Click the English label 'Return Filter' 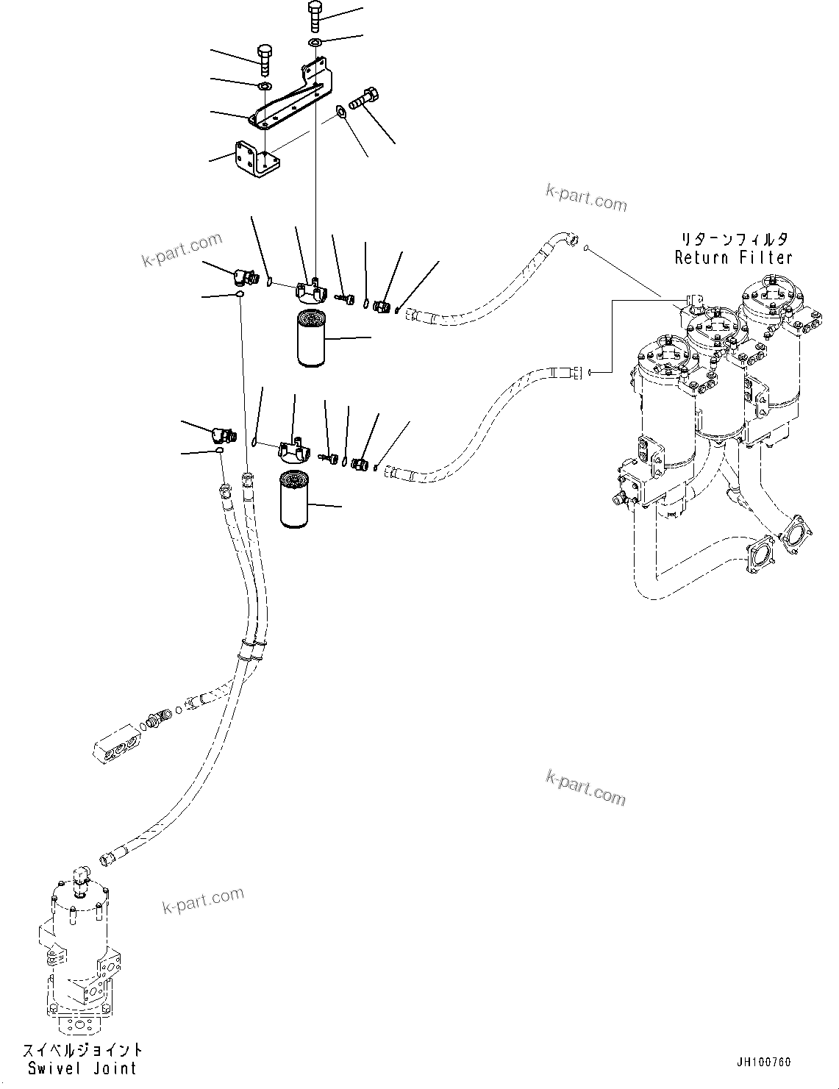(733, 257)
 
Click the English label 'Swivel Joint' (82, 1068)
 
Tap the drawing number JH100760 (763, 1063)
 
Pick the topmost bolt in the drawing (315, 15)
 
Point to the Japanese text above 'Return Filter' (733, 240)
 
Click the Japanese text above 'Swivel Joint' (82, 1050)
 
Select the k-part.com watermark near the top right (586, 197)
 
